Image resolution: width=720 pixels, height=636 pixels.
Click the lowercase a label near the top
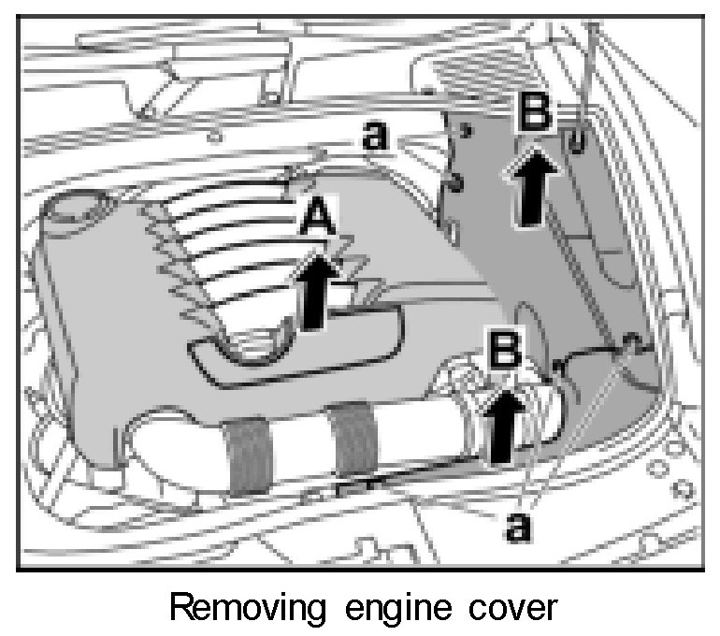click(x=374, y=137)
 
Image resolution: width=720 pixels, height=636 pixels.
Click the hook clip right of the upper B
click(x=577, y=140)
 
